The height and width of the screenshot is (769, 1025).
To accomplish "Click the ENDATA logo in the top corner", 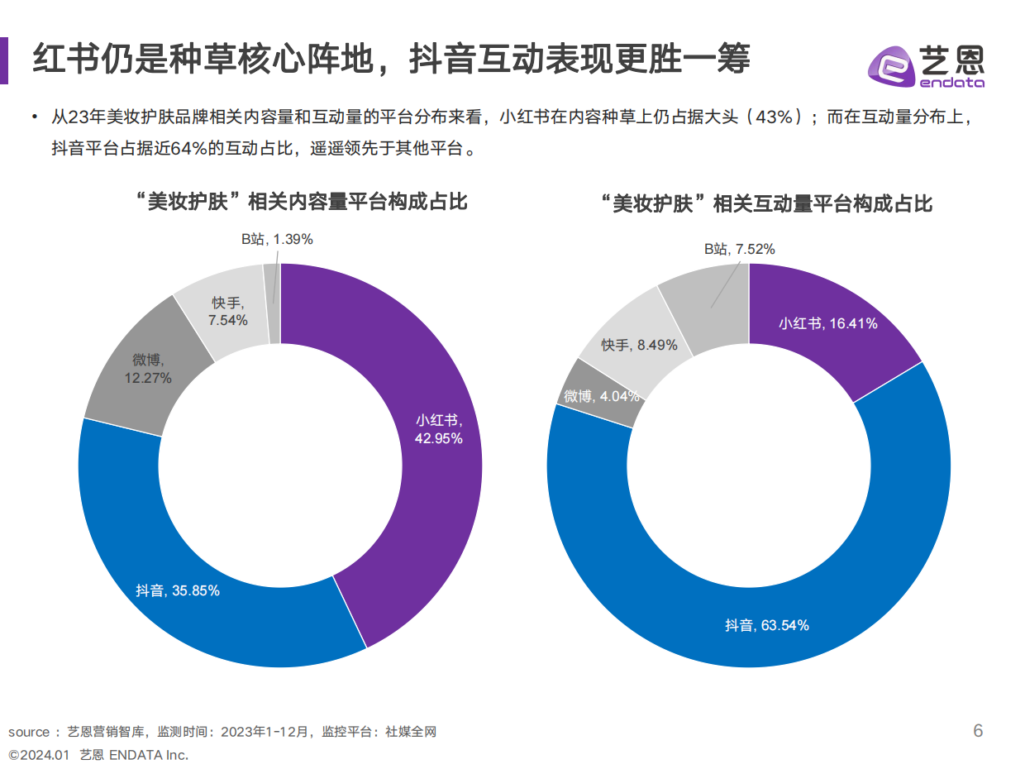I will click(x=926, y=63).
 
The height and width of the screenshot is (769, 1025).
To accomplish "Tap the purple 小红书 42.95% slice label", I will click(x=438, y=428).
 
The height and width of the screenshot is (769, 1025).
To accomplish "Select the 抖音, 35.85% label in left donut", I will click(x=178, y=591).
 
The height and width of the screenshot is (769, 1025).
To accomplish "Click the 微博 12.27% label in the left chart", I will click(x=148, y=369).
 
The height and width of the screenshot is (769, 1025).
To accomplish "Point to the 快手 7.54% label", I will click(x=228, y=311).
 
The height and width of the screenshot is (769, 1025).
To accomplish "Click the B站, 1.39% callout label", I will click(x=277, y=239).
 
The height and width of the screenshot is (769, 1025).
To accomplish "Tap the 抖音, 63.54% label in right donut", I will click(x=766, y=625).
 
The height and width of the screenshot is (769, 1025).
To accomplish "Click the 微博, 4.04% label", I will click(x=601, y=396).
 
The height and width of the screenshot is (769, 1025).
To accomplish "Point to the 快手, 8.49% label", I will click(x=639, y=345).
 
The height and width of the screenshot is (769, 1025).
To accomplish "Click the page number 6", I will click(x=978, y=731).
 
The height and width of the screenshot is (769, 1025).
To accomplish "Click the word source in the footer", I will click(x=29, y=732).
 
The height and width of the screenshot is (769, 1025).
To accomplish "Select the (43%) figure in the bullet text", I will click(x=770, y=117).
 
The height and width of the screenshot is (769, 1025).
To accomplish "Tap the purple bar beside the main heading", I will click(x=4, y=60).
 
